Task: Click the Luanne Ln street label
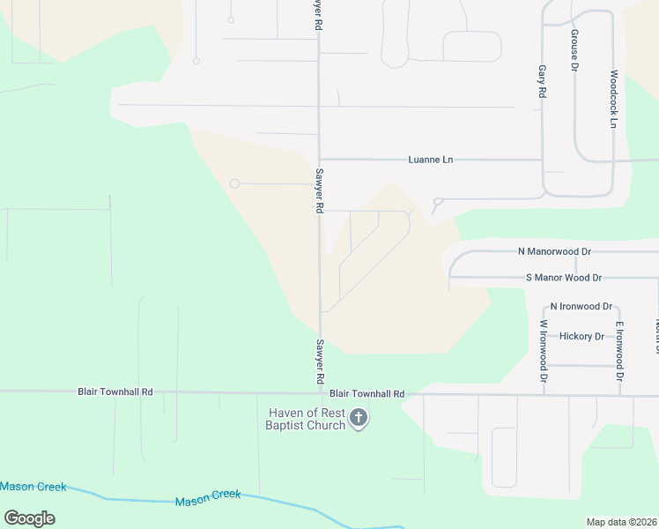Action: coord(430,160)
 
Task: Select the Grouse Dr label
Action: coord(574,49)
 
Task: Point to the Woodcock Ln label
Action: coord(613,99)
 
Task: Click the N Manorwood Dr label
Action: coord(554,251)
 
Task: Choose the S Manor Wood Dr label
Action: coord(563,278)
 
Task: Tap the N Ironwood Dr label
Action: coord(581,306)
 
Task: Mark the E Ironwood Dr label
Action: coord(619,351)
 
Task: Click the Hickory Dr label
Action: coord(581,336)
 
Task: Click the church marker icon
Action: coord(358,417)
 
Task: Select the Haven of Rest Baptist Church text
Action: coord(306,419)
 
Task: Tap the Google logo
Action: coord(29,518)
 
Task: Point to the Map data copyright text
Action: coord(622,522)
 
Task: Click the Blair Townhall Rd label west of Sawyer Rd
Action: coord(115,391)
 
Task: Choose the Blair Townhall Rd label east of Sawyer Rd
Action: coord(367,394)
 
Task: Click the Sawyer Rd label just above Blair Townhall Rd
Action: coord(320,361)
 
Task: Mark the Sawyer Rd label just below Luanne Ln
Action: coord(320,191)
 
